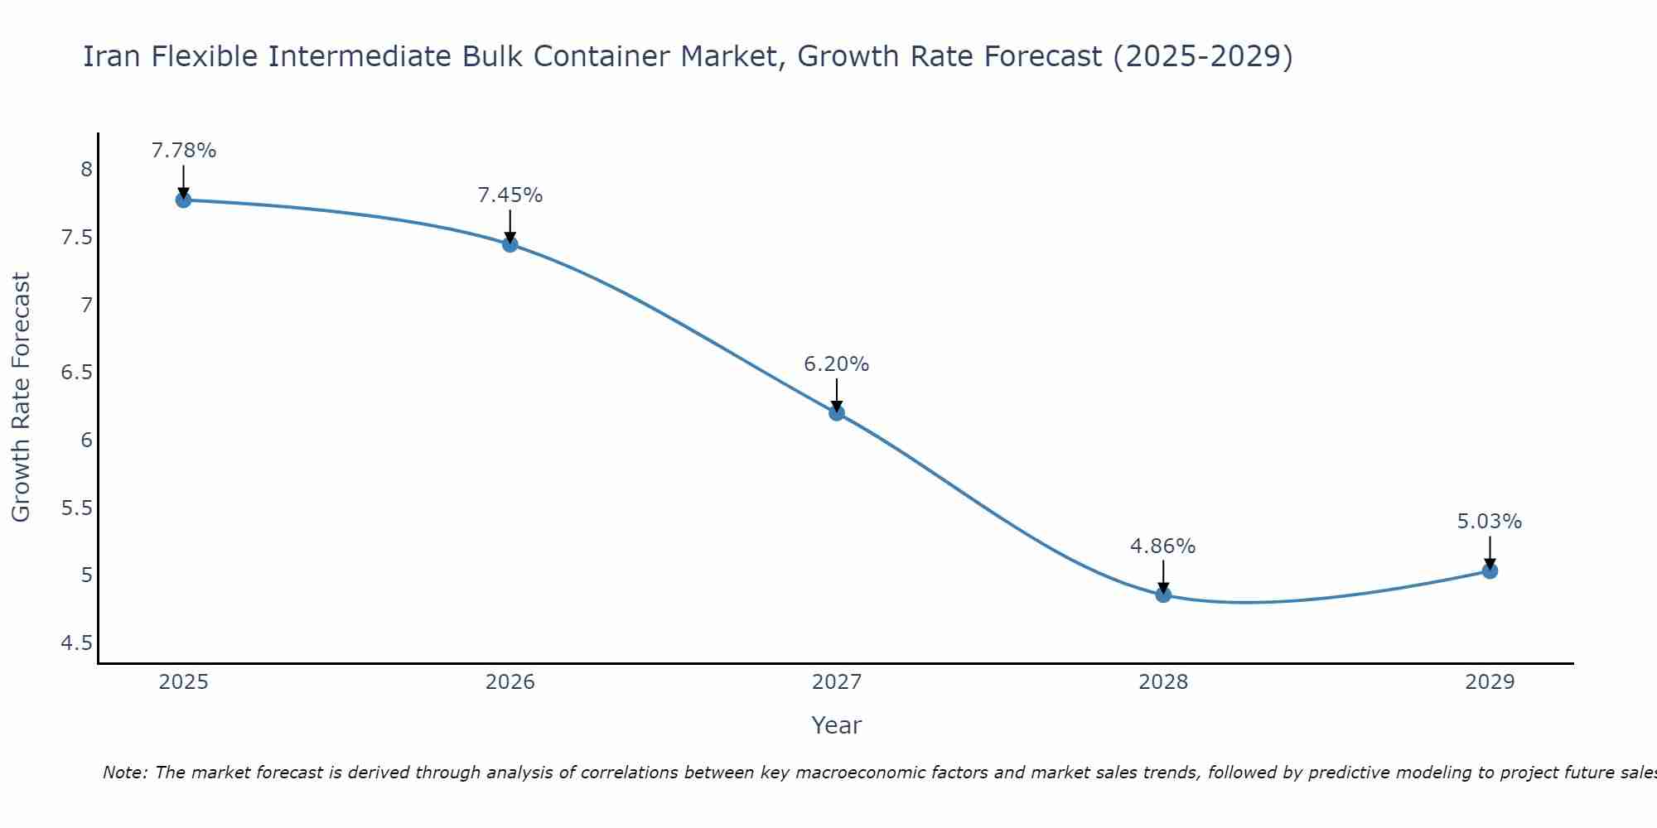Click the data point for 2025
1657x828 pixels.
tap(184, 200)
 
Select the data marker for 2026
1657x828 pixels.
tap(510, 244)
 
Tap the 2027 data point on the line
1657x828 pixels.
tap(837, 412)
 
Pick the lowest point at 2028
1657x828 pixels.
tap(1163, 595)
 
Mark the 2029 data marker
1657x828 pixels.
tap(1490, 570)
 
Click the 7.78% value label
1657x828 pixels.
tap(184, 151)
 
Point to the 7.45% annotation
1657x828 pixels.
tap(510, 195)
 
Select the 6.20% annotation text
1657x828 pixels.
tap(837, 364)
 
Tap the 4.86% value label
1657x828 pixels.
tap(1163, 546)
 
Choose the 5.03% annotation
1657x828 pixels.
tap(1490, 522)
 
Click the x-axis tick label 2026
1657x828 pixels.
tap(510, 682)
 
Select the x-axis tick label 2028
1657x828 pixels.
tap(1163, 682)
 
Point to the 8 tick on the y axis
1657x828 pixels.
tap(86, 170)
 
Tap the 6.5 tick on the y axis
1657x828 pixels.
tap(77, 373)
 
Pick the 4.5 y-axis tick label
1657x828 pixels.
tap(77, 643)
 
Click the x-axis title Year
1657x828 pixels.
tap(837, 725)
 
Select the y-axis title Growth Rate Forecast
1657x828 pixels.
tap(21, 397)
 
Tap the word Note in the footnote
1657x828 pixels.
tap(123, 773)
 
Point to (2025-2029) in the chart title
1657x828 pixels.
tap(1203, 56)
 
